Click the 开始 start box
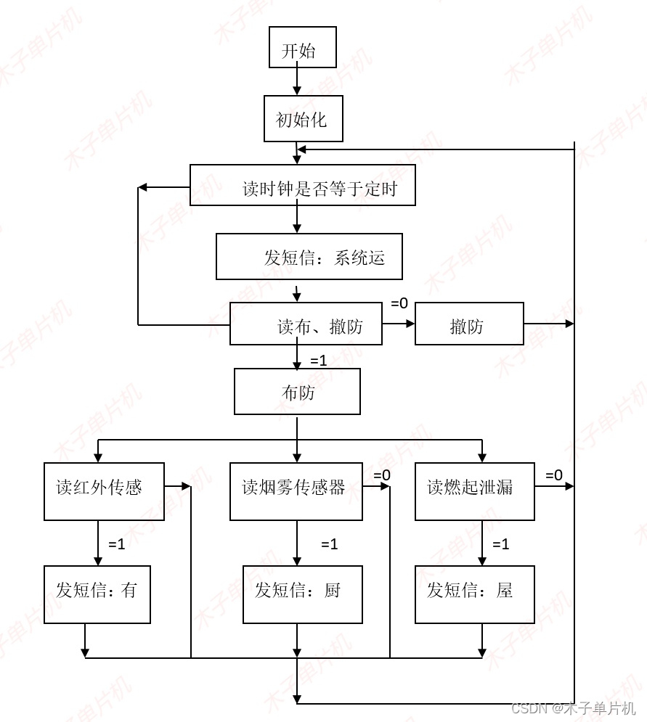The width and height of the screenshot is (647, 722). pyautogui.click(x=303, y=48)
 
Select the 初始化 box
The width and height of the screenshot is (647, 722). pyautogui.click(x=303, y=119)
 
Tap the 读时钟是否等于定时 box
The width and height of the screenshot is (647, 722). pyautogui.click(x=303, y=186)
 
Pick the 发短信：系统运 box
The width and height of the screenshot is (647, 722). pyautogui.click(x=309, y=257)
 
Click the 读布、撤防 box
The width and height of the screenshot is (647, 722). pyautogui.click(x=306, y=324)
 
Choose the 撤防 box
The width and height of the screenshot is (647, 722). pyautogui.click(x=469, y=324)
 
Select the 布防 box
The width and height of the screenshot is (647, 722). pyautogui.click(x=297, y=392)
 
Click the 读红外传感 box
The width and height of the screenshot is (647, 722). pyautogui.click(x=104, y=491)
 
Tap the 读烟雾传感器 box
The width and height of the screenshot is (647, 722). pyautogui.click(x=296, y=491)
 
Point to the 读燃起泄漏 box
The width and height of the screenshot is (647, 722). pyautogui.click(x=475, y=491)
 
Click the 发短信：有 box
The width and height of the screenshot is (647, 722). pyautogui.click(x=97, y=594)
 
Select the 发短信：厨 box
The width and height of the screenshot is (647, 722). pyautogui.click(x=296, y=594)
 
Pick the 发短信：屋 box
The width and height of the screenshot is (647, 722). pyautogui.click(x=475, y=594)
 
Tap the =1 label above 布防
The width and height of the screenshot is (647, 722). pyautogui.click(x=319, y=361)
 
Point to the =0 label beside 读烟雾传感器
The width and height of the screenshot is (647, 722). pyautogui.click(x=382, y=475)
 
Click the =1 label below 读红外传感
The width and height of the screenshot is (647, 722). pyautogui.click(x=117, y=544)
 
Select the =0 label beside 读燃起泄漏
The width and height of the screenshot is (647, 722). pyautogui.click(x=553, y=475)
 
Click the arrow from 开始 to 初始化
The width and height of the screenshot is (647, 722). pyautogui.click(x=297, y=81)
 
